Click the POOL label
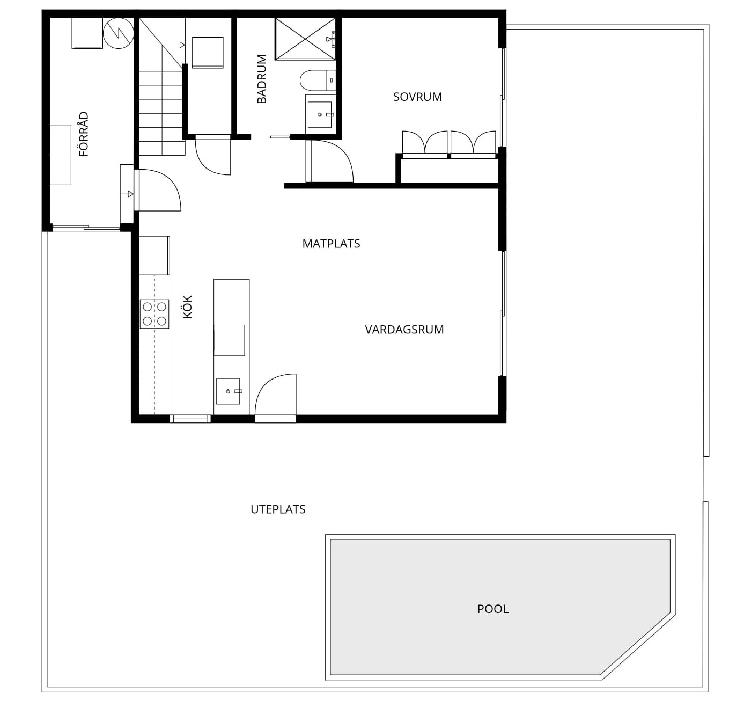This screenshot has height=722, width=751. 492,609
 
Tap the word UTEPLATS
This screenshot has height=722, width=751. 278,509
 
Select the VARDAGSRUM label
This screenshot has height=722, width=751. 404,330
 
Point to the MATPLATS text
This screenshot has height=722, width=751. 331,244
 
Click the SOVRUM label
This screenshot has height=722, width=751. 417,97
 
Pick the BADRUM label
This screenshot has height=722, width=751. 262,79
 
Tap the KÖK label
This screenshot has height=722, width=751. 187,307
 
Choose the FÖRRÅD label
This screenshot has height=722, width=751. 83,134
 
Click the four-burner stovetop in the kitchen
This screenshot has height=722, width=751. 154,314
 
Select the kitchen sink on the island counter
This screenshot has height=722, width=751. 228,391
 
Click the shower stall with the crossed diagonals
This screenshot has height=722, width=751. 305,39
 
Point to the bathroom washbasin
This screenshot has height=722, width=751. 320,115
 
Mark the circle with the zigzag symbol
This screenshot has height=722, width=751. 119,33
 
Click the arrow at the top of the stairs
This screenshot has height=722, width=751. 174,45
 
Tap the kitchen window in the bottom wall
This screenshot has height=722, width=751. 190,419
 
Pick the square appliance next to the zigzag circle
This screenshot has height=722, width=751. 87,33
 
